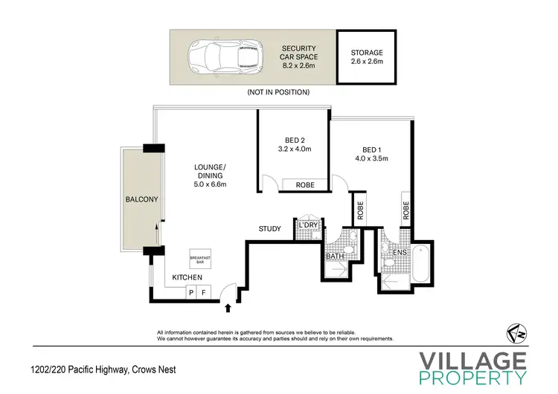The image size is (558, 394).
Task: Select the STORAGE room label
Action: click(x=367, y=53)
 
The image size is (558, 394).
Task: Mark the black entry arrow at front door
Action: click(x=228, y=305)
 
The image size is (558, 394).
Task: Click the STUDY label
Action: click(x=269, y=229)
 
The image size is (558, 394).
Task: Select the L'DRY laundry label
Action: click(x=307, y=225)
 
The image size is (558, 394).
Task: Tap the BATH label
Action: click(x=334, y=256)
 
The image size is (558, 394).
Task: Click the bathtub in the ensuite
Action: click(x=420, y=263)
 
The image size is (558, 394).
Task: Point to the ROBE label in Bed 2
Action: click(x=304, y=184)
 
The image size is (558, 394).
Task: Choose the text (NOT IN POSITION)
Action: click(x=279, y=92)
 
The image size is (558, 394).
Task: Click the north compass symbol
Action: click(x=514, y=331)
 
